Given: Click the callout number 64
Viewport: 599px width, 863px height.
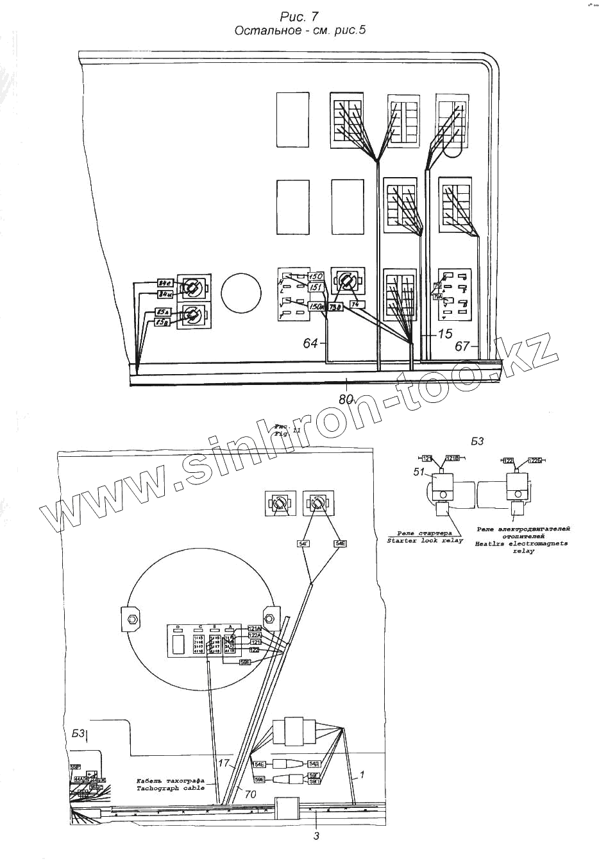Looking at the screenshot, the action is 310,344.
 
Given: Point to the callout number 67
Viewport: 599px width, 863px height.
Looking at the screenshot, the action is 462,346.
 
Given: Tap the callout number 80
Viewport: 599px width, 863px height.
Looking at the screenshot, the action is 346,398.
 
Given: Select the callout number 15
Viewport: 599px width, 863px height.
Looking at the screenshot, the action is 445,334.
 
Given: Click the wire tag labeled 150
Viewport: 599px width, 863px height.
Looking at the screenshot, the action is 316,277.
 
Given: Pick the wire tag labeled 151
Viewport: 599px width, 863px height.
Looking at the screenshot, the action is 316,287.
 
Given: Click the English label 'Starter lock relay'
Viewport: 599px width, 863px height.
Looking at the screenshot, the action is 425,541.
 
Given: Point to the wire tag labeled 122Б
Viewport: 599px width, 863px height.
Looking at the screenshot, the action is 536,460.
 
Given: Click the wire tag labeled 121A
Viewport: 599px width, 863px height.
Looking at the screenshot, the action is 255,628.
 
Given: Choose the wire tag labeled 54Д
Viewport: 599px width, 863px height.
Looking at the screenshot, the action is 314,764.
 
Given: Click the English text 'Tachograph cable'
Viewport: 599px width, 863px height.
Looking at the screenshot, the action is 170,787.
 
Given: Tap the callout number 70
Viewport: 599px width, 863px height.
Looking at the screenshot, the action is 249,794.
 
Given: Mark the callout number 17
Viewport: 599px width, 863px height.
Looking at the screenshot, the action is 223,764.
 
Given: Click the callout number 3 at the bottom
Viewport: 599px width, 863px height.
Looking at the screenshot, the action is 316,835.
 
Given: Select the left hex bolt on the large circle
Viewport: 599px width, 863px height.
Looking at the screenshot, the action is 131,619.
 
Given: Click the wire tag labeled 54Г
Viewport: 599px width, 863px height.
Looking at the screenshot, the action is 303,544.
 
